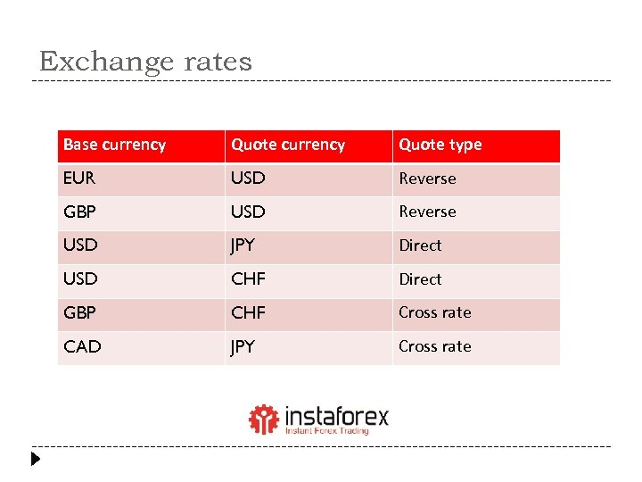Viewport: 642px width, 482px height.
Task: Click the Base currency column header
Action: point(114,145)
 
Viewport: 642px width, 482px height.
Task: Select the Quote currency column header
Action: point(288,145)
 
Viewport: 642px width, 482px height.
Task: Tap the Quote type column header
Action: point(440,145)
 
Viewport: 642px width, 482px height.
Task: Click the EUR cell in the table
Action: point(79,178)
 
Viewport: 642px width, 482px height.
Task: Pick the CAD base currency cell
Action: point(82,346)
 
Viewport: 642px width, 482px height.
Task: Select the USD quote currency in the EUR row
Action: point(248,178)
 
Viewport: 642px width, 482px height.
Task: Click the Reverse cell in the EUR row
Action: point(427,179)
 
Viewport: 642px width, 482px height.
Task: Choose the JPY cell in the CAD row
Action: point(243,346)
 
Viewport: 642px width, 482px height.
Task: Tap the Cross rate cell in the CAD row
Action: point(434,346)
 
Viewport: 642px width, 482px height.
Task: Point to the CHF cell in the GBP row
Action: point(248,312)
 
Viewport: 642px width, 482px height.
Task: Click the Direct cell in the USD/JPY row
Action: point(420,245)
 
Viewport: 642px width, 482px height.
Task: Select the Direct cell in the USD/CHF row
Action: point(420,279)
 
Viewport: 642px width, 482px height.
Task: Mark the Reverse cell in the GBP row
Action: point(427,212)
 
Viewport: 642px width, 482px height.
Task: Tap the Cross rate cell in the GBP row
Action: point(434,312)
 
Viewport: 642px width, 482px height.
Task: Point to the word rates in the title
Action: point(218,62)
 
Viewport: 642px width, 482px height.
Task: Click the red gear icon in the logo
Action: point(263,419)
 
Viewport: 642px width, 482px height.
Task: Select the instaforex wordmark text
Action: point(336,416)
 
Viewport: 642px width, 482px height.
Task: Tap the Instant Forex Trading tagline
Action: point(326,430)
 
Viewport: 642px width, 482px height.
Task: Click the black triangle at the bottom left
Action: point(36,461)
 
